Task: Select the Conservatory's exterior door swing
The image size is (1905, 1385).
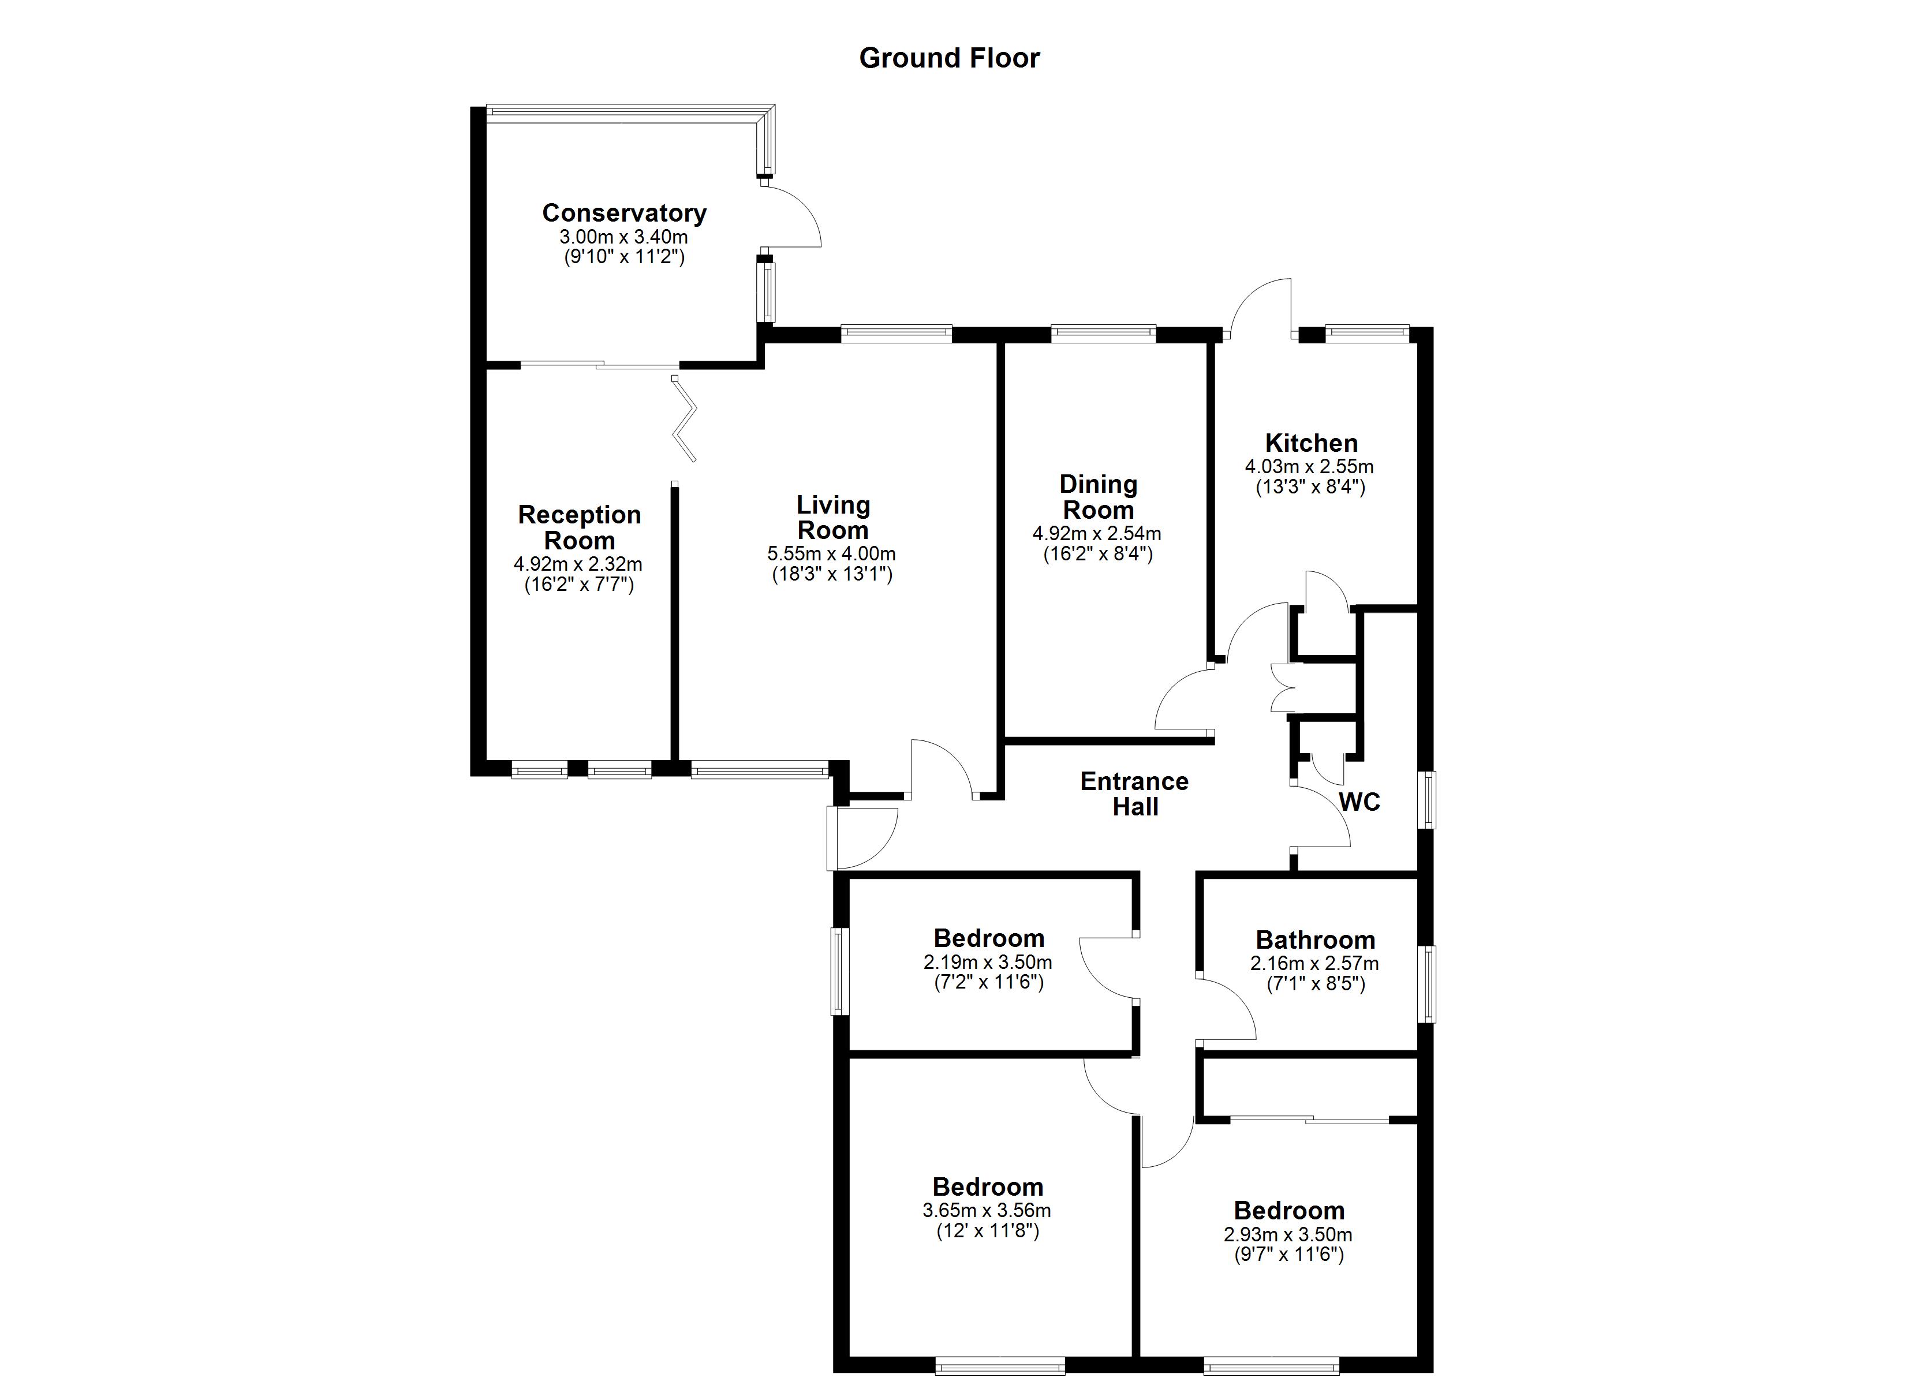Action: click(792, 217)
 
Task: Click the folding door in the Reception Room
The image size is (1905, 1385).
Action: click(685, 420)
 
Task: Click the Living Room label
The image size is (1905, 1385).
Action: click(833, 518)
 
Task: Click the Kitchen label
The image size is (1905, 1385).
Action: click(1310, 443)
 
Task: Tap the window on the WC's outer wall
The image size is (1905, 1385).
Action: click(1427, 800)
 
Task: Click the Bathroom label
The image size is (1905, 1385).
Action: click(1316, 940)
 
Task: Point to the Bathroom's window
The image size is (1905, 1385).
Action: click(1427, 985)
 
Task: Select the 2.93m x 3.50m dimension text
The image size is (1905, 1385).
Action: click(1288, 1234)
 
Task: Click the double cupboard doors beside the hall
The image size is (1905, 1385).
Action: click(1283, 688)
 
